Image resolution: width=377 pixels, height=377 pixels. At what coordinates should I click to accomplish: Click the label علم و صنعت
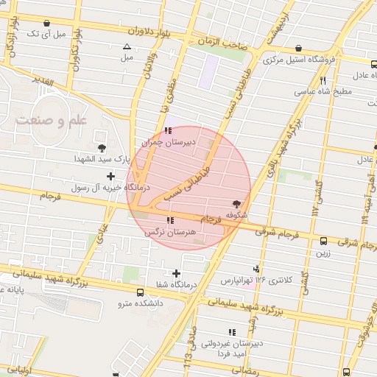50,119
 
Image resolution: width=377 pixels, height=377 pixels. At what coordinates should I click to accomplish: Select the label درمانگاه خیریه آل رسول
109,188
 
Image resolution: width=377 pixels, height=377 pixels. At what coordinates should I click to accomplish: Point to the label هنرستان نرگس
171,231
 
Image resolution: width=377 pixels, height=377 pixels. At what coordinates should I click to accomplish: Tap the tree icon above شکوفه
236,204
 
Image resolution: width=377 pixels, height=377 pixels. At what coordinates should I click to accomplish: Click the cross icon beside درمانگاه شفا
176,273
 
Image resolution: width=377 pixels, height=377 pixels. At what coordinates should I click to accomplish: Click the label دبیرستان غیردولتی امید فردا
232,348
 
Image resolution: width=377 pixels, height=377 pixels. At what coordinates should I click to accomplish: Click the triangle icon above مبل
127,46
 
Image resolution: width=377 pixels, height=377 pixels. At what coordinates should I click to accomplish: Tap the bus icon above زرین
324,240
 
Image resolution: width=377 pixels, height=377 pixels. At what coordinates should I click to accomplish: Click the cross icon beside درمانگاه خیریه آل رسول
111,176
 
